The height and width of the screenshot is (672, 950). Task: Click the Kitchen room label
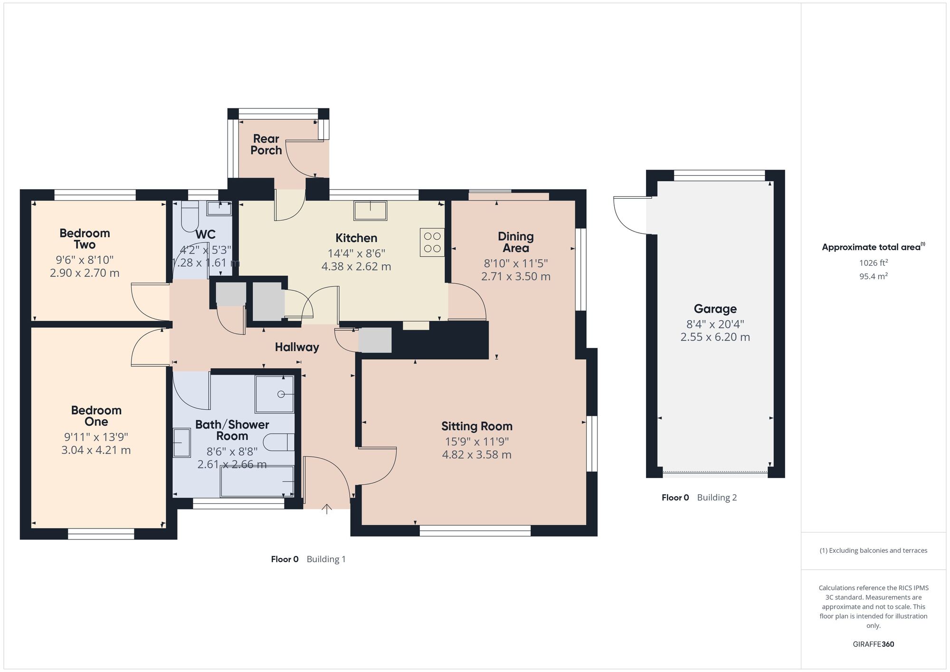[356, 238]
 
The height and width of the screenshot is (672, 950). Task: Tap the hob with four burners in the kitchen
[432, 242]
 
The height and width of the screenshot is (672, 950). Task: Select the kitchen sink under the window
[370, 210]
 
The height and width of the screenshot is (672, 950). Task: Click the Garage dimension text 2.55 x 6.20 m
[715, 337]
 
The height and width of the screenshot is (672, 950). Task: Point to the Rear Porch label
[266, 144]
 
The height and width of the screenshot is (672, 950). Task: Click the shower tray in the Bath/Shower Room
[275, 394]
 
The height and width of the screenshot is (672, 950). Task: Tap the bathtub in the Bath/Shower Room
[257, 481]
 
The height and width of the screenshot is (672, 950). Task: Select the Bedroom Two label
[85, 239]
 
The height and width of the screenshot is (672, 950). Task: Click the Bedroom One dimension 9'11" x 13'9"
[96, 437]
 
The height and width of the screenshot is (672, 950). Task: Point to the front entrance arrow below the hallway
[327, 509]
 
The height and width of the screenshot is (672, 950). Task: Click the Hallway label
[297, 347]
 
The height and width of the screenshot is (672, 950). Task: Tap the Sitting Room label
[476, 426]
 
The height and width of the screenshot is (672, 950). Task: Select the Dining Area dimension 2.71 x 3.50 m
[515, 277]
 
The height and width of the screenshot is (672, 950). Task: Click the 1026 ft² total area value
[873, 263]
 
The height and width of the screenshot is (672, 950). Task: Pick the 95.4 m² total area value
[873, 276]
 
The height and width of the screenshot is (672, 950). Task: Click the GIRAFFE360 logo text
[873, 644]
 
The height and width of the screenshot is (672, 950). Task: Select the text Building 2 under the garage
[717, 498]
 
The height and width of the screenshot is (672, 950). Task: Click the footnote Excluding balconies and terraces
[873, 550]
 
